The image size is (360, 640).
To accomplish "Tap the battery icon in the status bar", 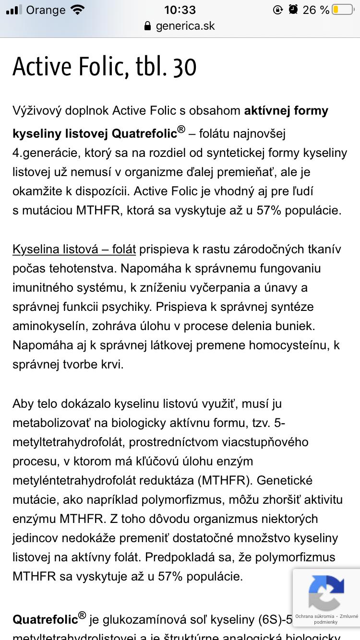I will click(x=341, y=10).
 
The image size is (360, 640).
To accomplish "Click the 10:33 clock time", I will click(x=180, y=10).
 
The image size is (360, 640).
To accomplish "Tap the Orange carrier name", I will click(x=46, y=10).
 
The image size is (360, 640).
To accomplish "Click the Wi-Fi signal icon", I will click(x=77, y=10).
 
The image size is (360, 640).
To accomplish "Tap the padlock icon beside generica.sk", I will click(x=148, y=26).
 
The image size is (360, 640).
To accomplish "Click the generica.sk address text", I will click(x=185, y=26).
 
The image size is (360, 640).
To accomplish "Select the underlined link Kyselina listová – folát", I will click(x=74, y=249).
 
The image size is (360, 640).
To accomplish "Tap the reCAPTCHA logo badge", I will click(x=326, y=593).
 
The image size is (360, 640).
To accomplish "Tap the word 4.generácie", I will click(x=50, y=154).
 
